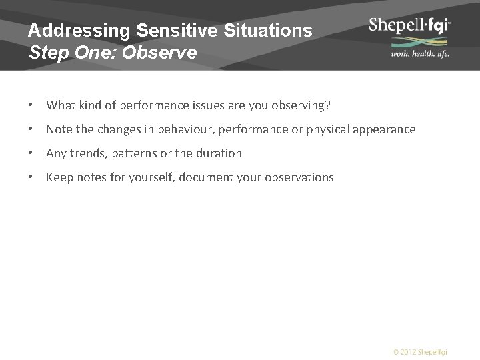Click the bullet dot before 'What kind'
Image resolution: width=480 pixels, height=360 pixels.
point(32,105)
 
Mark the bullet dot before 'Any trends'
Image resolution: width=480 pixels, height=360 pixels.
point(32,153)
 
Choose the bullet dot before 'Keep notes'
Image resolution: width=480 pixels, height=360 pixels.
point(32,177)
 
